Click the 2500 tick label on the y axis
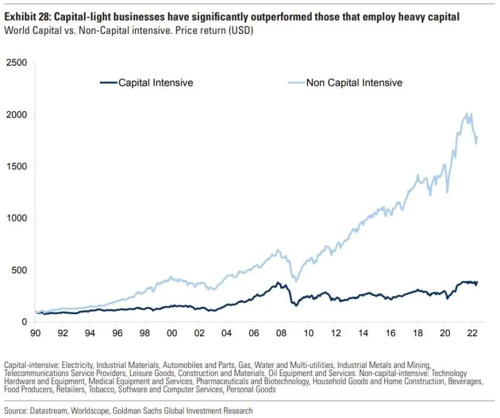pyautogui.click(x=17, y=63)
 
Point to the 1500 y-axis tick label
pyautogui.click(x=17, y=166)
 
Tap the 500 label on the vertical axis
pyautogui.click(x=19, y=270)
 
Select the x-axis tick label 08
pyautogui.click(x=281, y=333)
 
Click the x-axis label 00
pyautogui.click(x=172, y=333)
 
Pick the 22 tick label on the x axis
pyautogui.click(x=472, y=333)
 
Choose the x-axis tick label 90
pyautogui.click(x=36, y=333)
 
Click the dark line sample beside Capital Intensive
pyautogui.click(x=109, y=83)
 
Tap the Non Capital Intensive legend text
pyautogui.click(x=354, y=83)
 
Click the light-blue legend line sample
pyautogui.click(x=296, y=83)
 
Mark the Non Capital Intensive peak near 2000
pyautogui.click(x=466, y=113)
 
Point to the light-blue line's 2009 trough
pyautogui.click(x=296, y=282)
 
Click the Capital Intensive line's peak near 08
pyautogui.click(x=277, y=282)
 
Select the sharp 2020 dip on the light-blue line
pyautogui.click(x=447, y=192)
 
